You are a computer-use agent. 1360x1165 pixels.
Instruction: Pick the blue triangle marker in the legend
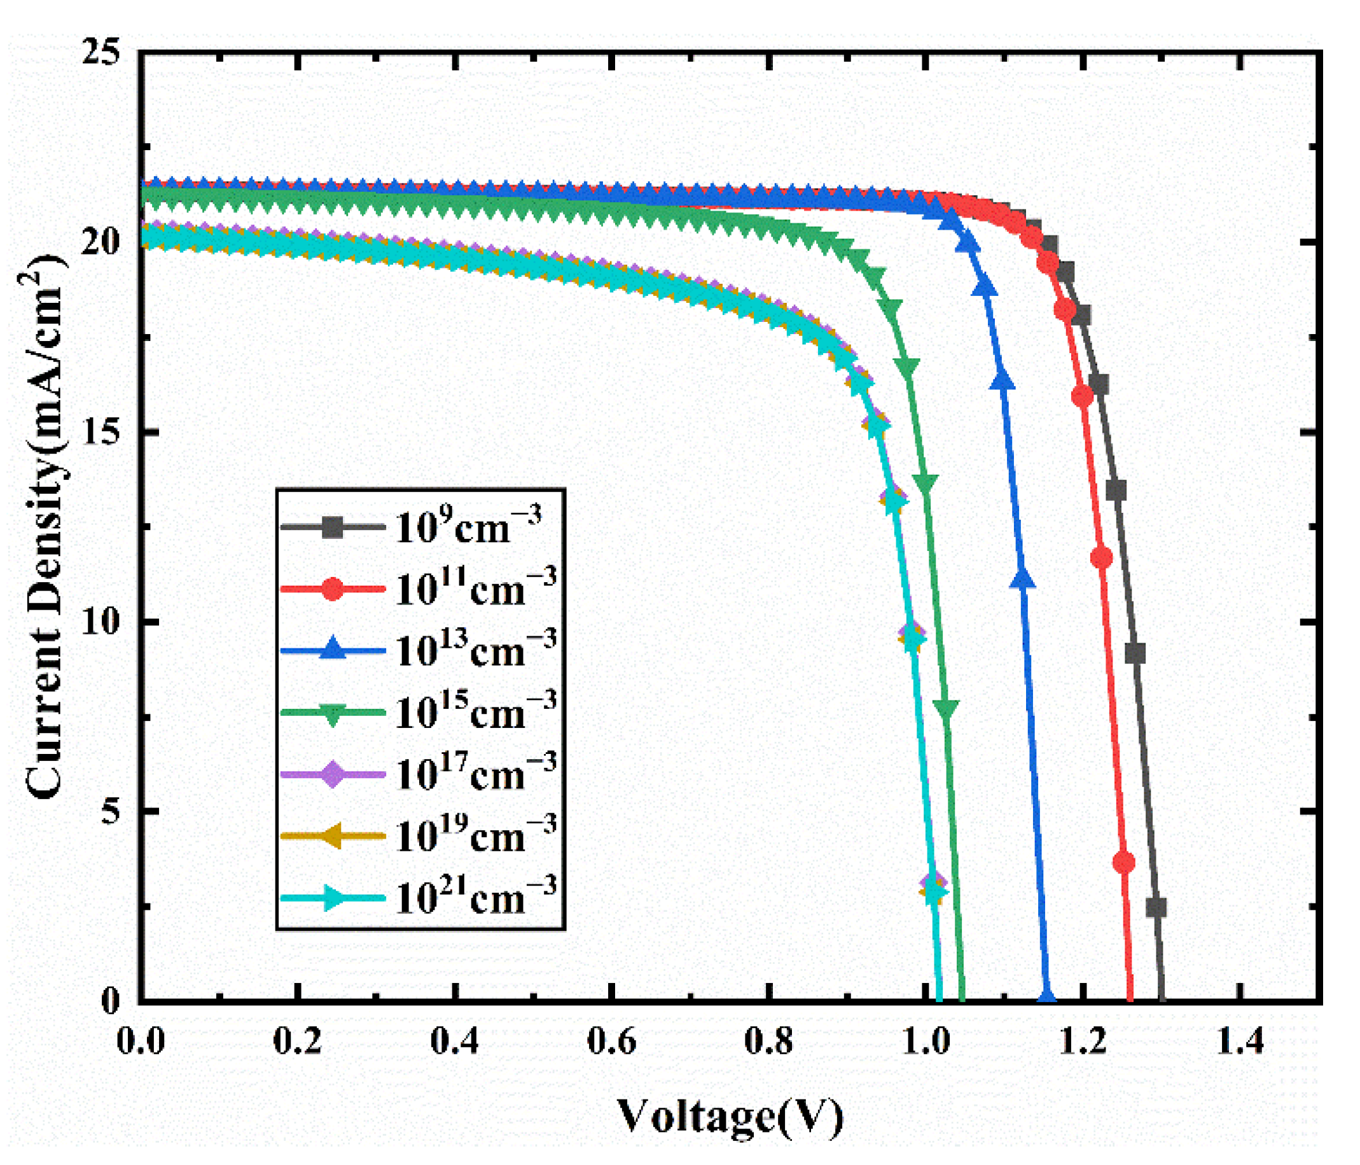tap(333, 650)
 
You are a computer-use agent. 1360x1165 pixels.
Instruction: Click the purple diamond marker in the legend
tap(333, 774)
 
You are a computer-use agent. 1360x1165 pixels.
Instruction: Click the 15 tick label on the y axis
tap(102, 431)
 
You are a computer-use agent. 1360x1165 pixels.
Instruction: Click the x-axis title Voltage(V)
tap(730, 1116)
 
